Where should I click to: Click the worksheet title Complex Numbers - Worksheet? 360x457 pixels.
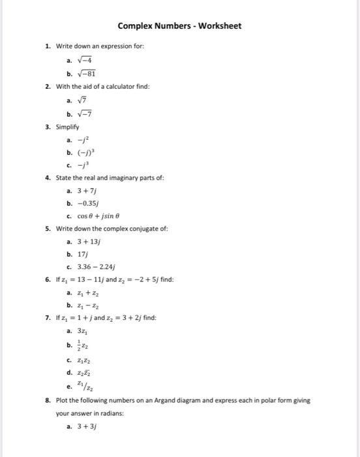(179, 26)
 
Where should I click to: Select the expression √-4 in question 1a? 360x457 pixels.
(85, 60)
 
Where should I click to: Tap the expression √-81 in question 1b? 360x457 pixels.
(87, 74)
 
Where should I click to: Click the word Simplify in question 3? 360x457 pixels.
(68, 127)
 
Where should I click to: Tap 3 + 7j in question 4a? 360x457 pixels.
(87, 191)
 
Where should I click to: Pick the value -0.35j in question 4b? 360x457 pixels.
(89, 203)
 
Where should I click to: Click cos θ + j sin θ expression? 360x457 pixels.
(100, 216)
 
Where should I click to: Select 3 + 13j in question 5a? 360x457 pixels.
(89, 242)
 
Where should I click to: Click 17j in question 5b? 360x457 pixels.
(82, 255)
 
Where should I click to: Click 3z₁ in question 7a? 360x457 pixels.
(82, 331)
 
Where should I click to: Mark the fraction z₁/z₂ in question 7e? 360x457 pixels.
(84, 386)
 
